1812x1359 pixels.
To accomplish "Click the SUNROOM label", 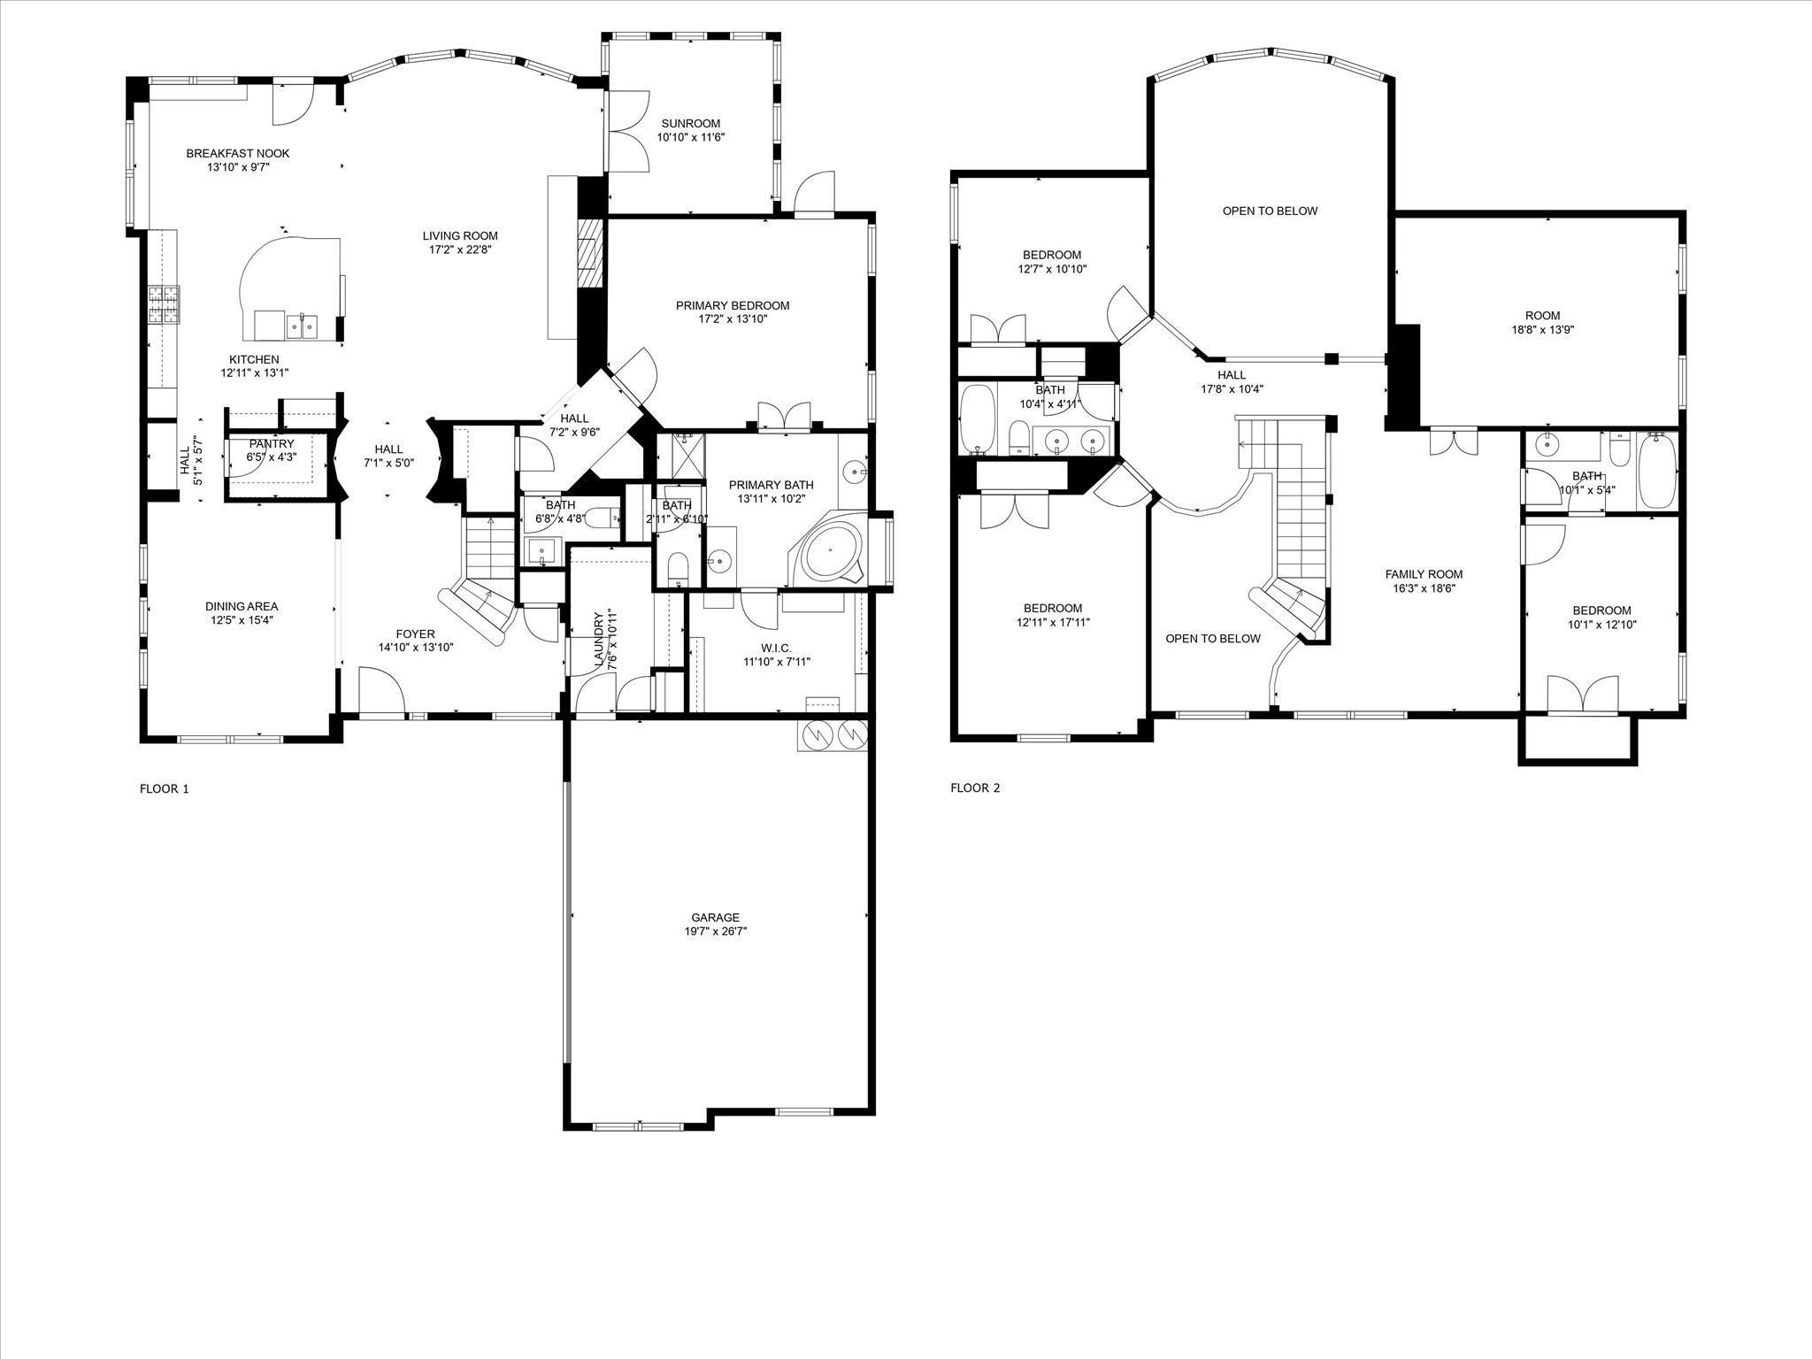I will (x=690, y=124).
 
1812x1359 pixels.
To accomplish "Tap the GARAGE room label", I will (x=716, y=918).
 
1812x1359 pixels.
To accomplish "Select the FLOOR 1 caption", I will (x=165, y=789).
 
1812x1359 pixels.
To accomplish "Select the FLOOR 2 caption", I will (x=975, y=788).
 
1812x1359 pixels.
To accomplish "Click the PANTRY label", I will (x=272, y=444).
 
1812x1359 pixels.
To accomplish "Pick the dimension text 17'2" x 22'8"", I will (x=460, y=250).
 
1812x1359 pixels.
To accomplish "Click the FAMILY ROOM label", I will (x=1424, y=574).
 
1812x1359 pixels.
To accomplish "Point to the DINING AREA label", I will (x=242, y=606).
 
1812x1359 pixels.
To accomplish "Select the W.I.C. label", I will (x=767, y=648).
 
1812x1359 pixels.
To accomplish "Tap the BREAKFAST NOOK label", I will (x=238, y=153).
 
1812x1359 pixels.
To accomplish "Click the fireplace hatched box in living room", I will (x=589, y=252).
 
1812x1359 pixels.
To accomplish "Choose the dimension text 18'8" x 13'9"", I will (x=1542, y=329).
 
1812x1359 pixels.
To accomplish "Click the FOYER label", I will (x=415, y=633).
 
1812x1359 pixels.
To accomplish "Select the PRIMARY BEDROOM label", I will (x=733, y=305).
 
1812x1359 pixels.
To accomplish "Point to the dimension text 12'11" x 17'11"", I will (x=1053, y=622).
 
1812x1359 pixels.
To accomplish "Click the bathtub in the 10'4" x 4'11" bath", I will (x=977, y=418).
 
